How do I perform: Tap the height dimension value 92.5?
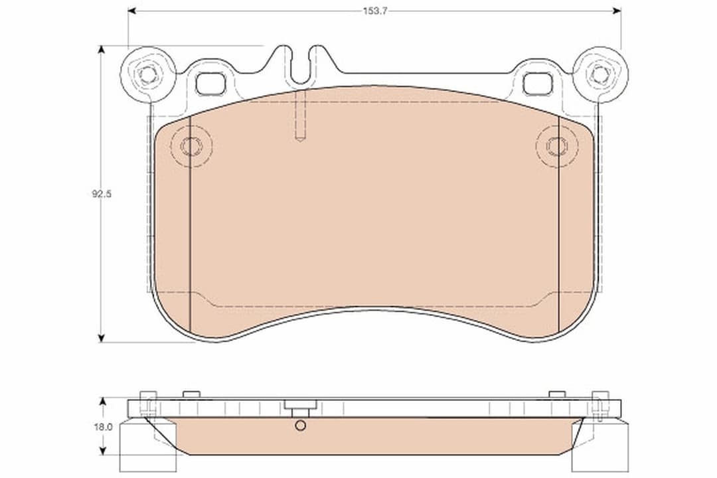[x=101, y=195]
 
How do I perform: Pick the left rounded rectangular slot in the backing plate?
[x=211, y=84]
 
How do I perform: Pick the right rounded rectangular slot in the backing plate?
[x=537, y=84]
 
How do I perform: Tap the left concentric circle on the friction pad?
[x=191, y=146]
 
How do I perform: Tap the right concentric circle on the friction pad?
[x=556, y=146]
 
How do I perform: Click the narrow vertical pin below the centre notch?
[x=300, y=116]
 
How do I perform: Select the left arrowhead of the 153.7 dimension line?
[x=132, y=11]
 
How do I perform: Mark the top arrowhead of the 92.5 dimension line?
[x=102, y=50]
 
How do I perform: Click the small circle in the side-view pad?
[x=301, y=426]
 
